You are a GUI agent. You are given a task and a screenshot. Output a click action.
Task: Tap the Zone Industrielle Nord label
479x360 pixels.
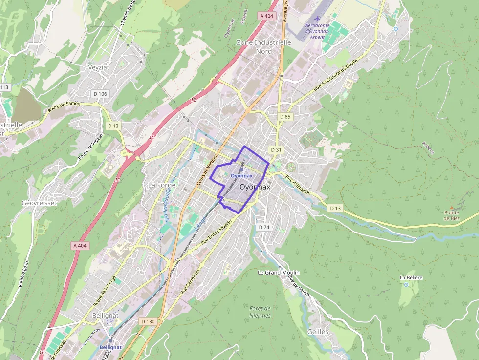(263, 46)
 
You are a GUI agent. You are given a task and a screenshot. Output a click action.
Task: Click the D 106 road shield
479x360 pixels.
(100, 94)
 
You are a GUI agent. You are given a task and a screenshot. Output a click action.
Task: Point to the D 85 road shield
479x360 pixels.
(285, 117)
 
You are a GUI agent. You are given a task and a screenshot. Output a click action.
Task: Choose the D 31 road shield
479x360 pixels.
(276, 149)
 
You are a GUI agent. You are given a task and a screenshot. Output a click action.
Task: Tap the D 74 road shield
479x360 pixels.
(263, 227)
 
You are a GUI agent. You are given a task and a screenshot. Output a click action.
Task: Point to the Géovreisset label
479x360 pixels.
(39, 203)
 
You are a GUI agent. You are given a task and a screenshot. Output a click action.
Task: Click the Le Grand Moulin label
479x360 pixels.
(279, 272)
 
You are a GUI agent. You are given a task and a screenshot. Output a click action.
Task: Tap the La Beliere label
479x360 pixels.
(411, 277)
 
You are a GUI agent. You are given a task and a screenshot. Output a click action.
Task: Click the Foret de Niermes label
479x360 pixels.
(260, 312)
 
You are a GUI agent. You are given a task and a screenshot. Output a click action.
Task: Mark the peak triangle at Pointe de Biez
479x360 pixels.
(452, 207)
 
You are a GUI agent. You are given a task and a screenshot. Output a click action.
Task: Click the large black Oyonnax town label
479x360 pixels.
(255, 187)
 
